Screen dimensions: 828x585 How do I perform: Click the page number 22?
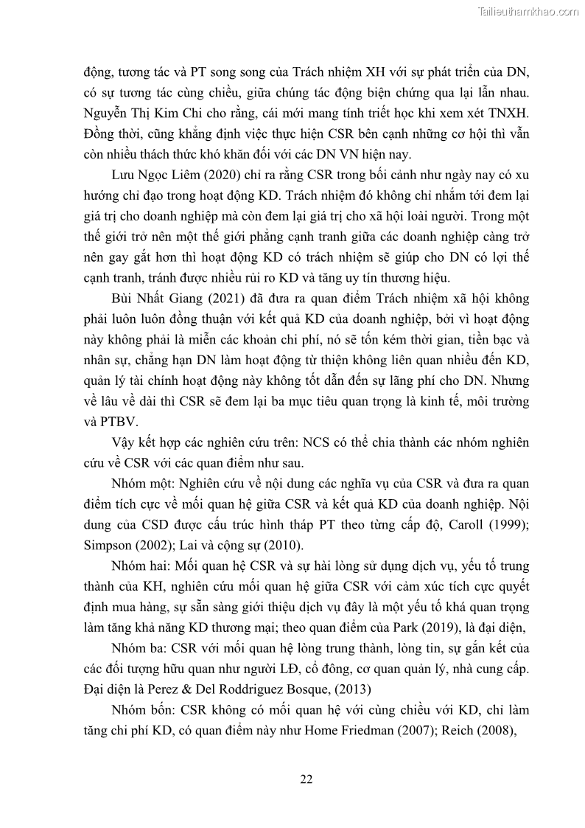pos(307,779)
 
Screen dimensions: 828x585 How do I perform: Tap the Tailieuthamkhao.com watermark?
pos(528,11)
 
